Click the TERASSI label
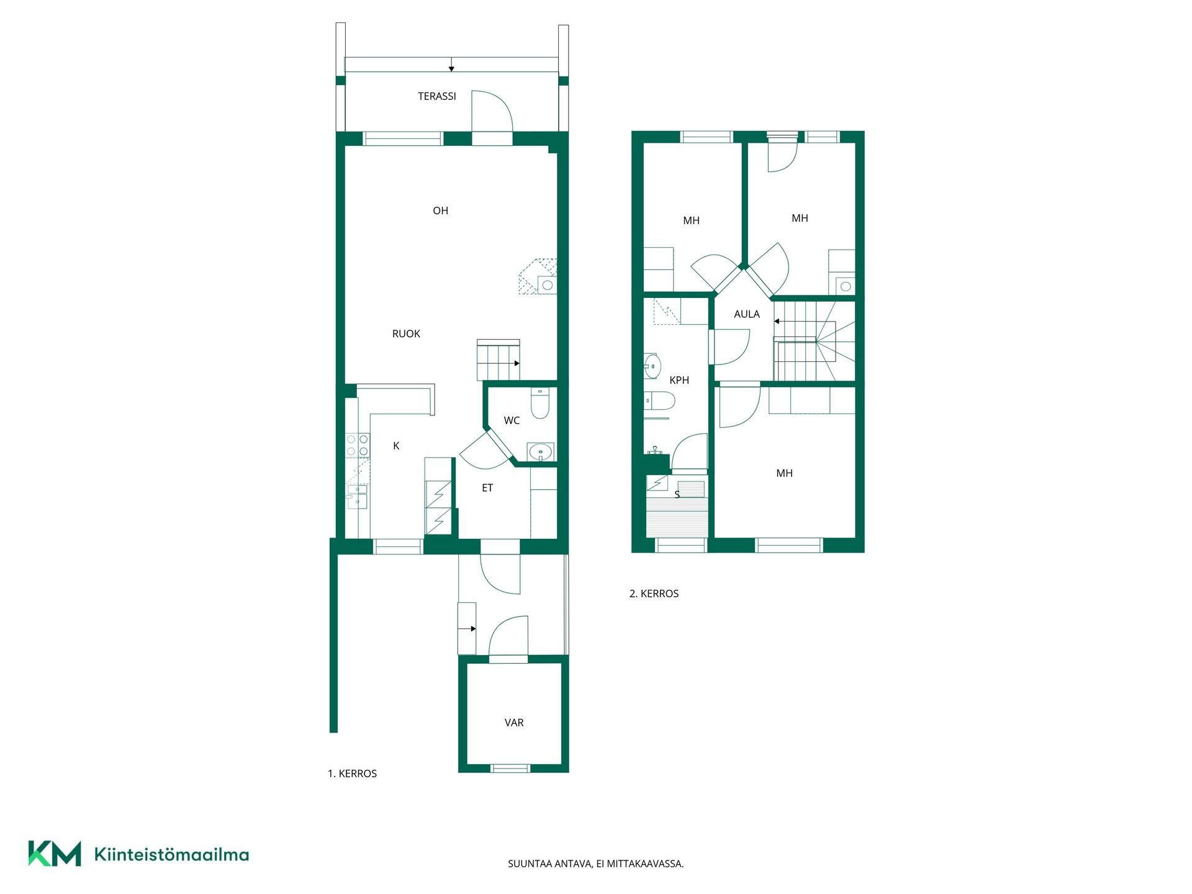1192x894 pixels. [436, 96]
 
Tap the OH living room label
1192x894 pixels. [440, 210]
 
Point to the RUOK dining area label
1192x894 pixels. [406, 334]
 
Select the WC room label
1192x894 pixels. [512, 420]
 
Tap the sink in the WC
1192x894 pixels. [540, 452]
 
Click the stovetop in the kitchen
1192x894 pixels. [357, 445]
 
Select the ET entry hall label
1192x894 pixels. [487, 488]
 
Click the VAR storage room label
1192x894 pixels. [514, 723]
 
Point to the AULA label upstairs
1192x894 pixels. [747, 314]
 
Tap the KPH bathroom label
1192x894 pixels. [679, 380]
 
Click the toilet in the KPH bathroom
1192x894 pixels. [659, 401]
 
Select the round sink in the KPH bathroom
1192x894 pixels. [652, 366]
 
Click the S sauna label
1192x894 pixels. [677, 495]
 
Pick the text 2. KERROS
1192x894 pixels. [654, 594]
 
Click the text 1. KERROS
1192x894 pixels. [352, 774]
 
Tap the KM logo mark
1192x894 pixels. [55, 854]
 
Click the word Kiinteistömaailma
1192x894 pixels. [171, 854]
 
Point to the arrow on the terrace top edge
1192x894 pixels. [451, 65]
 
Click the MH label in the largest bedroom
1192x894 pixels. [784, 473]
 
